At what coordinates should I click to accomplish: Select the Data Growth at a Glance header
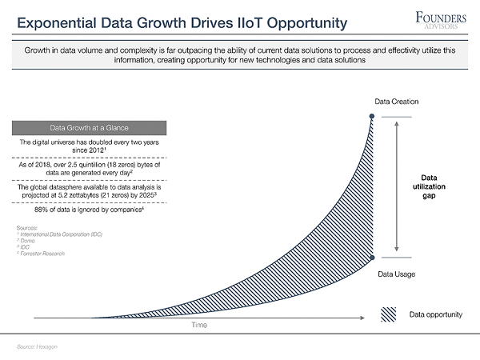pos(89,127)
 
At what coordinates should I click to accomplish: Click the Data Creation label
pos(397,102)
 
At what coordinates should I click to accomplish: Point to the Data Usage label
pos(395,274)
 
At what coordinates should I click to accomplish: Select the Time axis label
pos(198,326)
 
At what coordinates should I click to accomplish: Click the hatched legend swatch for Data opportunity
pos(390,314)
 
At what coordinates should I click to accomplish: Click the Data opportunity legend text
pos(436,314)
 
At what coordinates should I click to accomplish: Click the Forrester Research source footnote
pos(43,254)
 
